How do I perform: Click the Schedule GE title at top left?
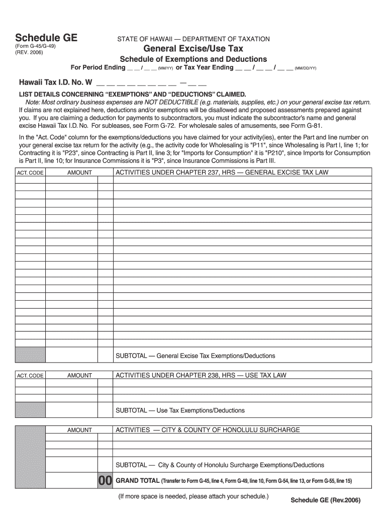46,38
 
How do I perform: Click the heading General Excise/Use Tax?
193,49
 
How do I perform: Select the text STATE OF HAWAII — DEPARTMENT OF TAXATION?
193,39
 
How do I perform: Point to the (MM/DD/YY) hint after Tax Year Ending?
306,68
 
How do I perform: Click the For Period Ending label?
98,67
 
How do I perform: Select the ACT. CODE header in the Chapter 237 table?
30,173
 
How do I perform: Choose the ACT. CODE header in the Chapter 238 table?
30,376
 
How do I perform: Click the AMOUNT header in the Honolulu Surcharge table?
79,430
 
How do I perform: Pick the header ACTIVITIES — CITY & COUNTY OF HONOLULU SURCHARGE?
208,430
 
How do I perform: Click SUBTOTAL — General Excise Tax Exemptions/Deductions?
196,356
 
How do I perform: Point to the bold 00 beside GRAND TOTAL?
105,481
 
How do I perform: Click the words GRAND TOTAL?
138,481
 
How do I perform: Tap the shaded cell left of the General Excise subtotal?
30,354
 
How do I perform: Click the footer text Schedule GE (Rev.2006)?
326,501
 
